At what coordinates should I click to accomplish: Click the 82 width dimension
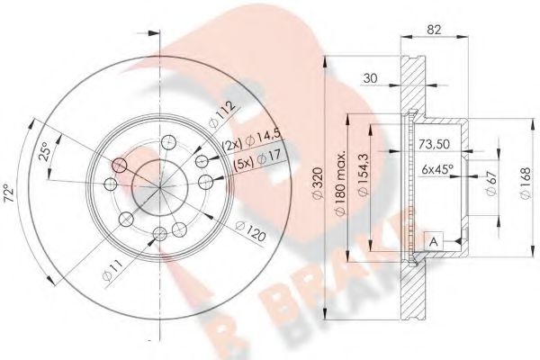436,31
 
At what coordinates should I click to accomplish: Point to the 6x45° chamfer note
436,168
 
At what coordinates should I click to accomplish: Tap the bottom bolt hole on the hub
159,234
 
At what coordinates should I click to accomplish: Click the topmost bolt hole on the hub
167,142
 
